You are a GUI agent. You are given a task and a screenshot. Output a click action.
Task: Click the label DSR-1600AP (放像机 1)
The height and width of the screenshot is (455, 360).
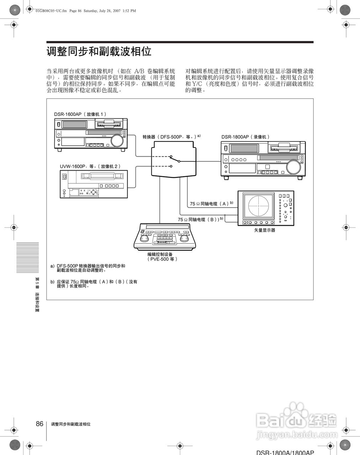[x=80, y=114]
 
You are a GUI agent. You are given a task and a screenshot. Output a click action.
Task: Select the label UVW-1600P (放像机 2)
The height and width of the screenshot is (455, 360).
[x=90, y=166]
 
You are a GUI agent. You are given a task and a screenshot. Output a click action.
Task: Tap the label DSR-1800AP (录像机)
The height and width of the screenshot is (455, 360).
[x=246, y=137]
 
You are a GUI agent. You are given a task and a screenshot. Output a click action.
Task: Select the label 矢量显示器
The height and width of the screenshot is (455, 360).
[x=265, y=230]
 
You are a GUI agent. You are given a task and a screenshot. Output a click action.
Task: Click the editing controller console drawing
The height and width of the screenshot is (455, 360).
[x=166, y=237]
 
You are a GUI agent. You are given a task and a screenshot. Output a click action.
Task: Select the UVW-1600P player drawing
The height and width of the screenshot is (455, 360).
[x=93, y=184]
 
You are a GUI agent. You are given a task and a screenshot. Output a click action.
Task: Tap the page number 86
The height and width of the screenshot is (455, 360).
[x=39, y=424]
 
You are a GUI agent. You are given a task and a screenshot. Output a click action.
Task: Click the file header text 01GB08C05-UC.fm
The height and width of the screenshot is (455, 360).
[x=52, y=11]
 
